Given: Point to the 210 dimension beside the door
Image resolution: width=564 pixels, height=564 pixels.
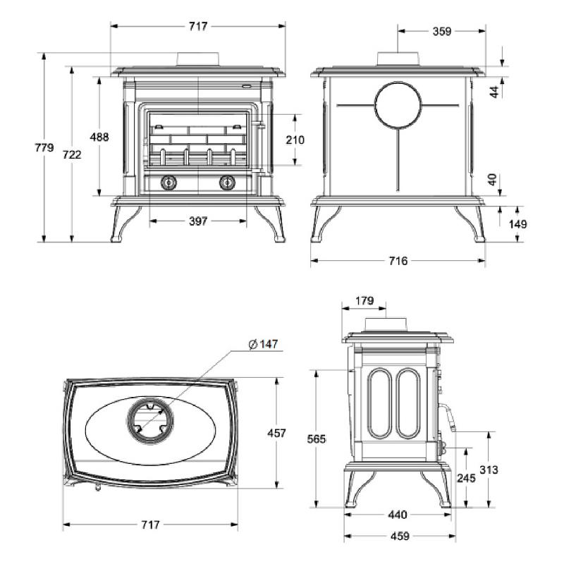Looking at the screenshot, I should pyautogui.click(x=295, y=140).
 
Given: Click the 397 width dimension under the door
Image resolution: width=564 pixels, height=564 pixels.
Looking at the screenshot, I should pyautogui.click(x=198, y=221).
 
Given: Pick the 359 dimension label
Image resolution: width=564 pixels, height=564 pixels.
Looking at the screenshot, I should pyautogui.click(x=442, y=31).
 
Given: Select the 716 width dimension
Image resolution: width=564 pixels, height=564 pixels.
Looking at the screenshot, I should pyautogui.click(x=398, y=262).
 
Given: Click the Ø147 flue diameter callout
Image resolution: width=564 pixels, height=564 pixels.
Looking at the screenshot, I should pyautogui.click(x=264, y=344).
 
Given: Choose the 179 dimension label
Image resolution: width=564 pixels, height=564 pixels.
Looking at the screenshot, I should pyautogui.click(x=364, y=301).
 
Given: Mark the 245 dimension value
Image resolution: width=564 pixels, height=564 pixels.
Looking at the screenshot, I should pyautogui.click(x=466, y=477).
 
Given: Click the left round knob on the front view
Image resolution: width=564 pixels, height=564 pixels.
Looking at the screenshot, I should pyautogui.click(x=168, y=183).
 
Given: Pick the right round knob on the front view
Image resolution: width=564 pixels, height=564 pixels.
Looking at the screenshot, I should pyautogui.click(x=226, y=183).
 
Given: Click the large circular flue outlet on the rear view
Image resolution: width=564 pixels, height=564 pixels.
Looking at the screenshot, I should pyautogui.click(x=398, y=106).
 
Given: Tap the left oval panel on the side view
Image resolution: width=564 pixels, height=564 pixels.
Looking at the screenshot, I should pyautogui.click(x=380, y=403).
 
